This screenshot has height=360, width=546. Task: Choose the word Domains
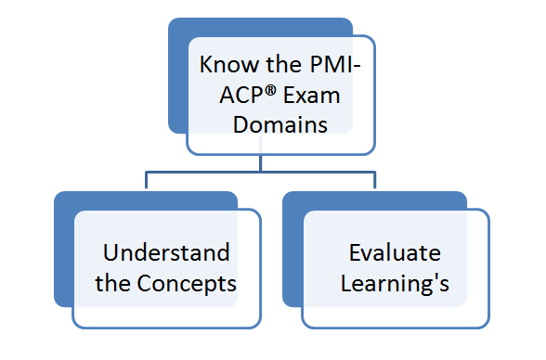(x=281, y=123)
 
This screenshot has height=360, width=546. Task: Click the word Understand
(x=166, y=253)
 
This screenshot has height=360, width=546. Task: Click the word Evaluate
(x=395, y=253)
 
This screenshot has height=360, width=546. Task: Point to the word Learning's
(x=395, y=283)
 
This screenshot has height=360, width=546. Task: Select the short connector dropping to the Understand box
(x=146, y=181)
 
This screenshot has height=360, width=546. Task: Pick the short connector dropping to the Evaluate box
(x=375, y=181)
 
